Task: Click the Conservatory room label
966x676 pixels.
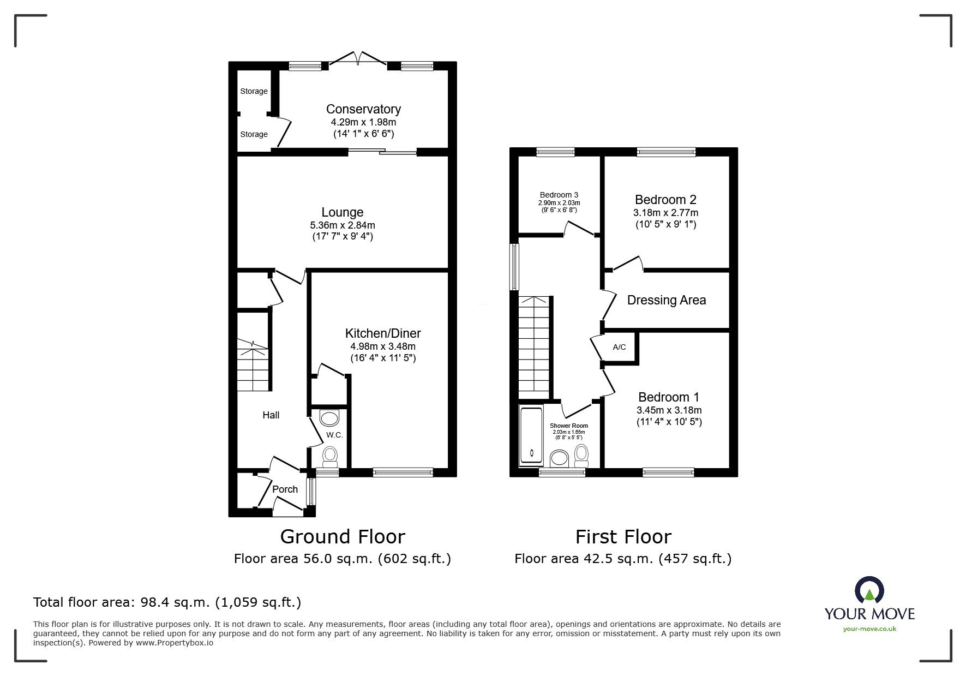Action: pyautogui.click(x=363, y=109)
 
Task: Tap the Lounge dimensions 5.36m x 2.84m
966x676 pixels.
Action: pyautogui.click(x=342, y=225)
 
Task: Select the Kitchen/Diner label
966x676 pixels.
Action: pyautogui.click(x=383, y=333)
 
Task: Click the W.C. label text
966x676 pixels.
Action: pyautogui.click(x=334, y=435)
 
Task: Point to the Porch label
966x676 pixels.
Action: pyautogui.click(x=285, y=489)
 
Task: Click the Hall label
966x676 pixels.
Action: pyautogui.click(x=271, y=415)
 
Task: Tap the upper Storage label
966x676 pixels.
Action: pyautogui.click(x=254, y=91)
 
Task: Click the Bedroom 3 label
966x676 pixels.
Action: pyautogui.click(x=559, y=195)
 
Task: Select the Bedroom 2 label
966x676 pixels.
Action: pyautogui.click(x=665, y=200)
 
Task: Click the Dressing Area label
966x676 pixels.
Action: pyautogui.click(x=666, y=300)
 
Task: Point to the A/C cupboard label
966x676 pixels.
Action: pyautogui.click(x=619, y=347)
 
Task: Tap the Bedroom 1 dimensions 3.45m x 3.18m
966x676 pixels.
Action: pyautogui.click(x=669, y=410)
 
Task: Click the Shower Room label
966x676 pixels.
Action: pyautogui.click(x=568, y=426)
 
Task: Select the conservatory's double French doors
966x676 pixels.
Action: pyautogui.click(x=358, y=59)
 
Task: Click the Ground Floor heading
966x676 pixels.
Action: pyautogui.click(x=342, y=537)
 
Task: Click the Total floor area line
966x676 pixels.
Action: pyautogui.click(x=167, y=602)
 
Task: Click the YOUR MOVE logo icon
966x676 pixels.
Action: pyautogui.click(x=869, y=591)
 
